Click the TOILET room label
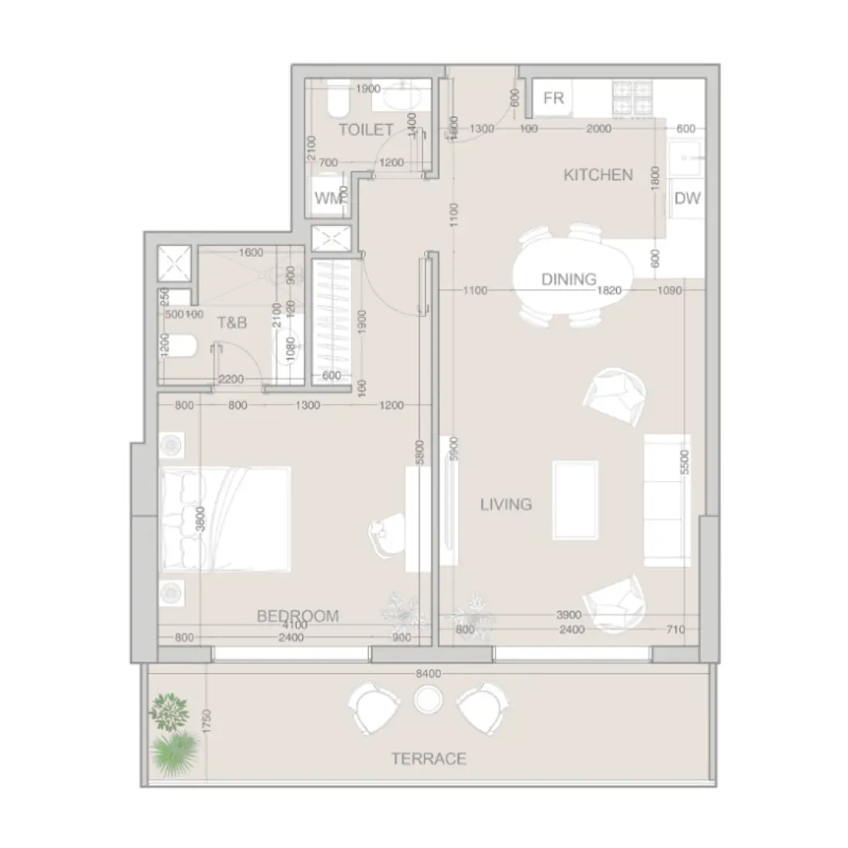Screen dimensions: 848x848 click(366, 130)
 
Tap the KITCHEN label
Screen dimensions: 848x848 click(598, 175)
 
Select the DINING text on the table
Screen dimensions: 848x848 click(569, 279)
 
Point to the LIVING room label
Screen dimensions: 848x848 click(506, 504)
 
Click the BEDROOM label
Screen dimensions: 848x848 click(298, 615)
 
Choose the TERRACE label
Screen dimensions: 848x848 click(429, 759)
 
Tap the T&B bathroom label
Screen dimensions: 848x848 click(232, 323)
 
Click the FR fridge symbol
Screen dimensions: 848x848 click(554, 98)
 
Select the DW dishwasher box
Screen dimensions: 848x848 click(687, 198)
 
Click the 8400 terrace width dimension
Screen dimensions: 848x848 click(428, 673)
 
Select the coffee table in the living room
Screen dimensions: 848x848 click(575, 500)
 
